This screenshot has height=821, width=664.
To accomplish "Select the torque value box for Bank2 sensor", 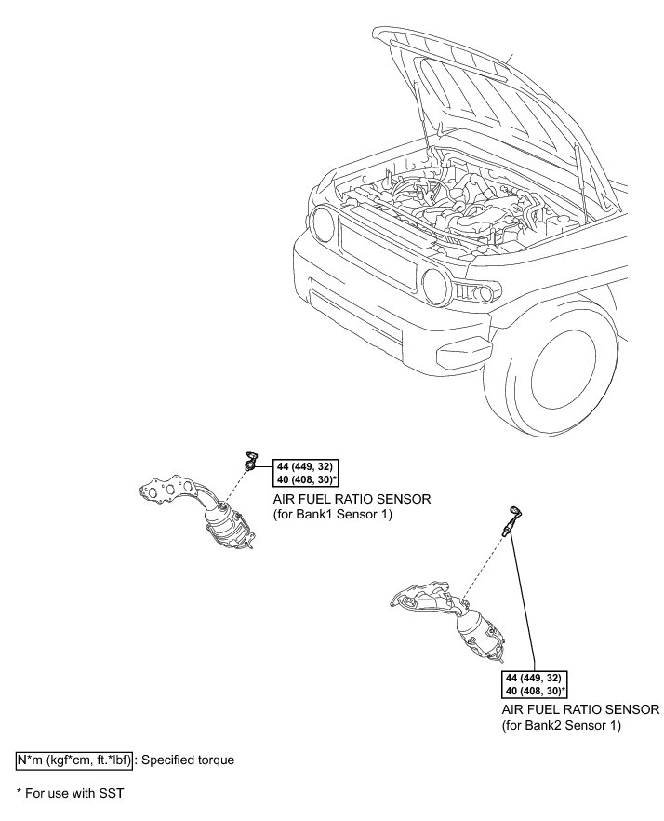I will click(535, 684).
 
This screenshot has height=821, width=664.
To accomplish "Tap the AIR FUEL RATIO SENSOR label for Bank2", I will click(580, 709).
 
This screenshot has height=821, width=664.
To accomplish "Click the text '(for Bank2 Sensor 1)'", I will click(561, 724).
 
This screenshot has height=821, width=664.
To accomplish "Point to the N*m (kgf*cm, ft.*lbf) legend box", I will click(73, 760).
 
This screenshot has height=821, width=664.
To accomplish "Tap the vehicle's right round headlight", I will click(435, 282).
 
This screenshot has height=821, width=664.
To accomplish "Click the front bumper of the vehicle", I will click(391, 316).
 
